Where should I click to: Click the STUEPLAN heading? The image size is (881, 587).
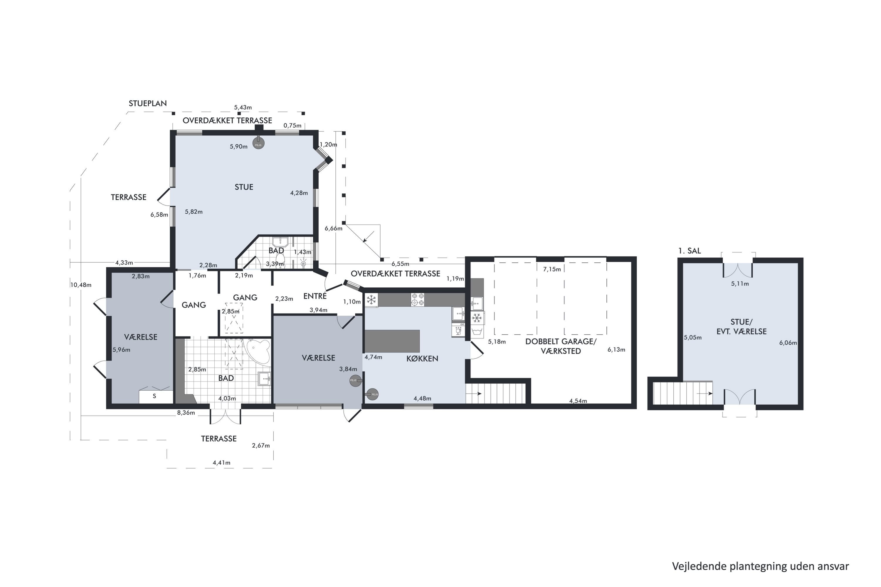[x=148, y=103]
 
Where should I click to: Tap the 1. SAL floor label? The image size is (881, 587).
[x=689, y=251]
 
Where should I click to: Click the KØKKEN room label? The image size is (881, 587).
[x=422, y=358]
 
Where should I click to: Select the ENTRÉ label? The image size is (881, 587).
[x=315, y=296]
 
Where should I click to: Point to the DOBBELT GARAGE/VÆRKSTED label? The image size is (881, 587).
[x=561, y=346]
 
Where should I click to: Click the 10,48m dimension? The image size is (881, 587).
[x=81, y=285]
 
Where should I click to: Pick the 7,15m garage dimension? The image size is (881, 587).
[x=552, y=269]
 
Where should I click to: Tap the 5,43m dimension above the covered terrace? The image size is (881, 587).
[x=243, y=107]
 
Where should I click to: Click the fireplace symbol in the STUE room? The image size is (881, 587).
[x=258, y=144]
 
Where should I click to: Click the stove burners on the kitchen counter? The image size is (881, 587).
[x=418, y=299]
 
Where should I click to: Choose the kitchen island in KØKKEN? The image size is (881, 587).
[x=392, y=341]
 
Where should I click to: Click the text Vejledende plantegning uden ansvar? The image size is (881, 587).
[x=760, y=566]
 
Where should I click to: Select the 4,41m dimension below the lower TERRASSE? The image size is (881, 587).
[x=221, y=463]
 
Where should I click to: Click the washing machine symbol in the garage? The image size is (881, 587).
[x=477, y=331]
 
